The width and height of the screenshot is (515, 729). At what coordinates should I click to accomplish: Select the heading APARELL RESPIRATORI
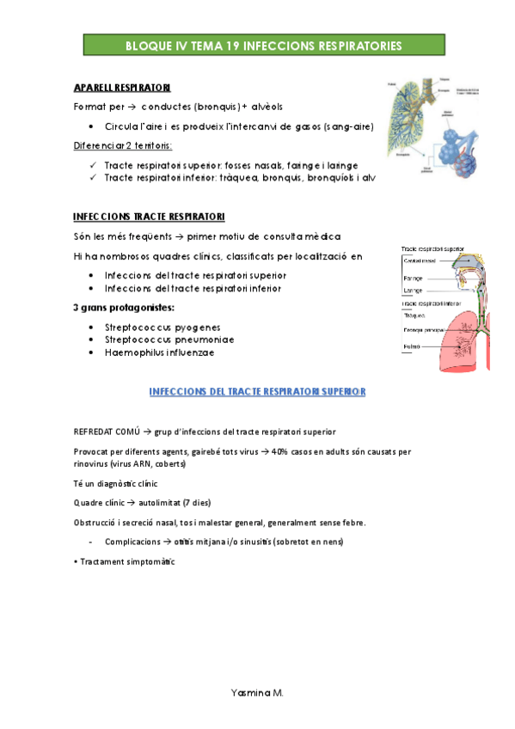click(122, 88)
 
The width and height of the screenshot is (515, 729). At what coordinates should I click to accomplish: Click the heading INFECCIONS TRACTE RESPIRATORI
click(150, 217)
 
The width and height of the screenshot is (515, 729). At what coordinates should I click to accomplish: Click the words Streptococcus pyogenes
click(162, 327)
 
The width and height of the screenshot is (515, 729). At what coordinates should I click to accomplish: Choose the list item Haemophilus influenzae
click(160, 352)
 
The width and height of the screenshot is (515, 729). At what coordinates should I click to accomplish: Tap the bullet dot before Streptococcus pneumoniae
click(92, 340)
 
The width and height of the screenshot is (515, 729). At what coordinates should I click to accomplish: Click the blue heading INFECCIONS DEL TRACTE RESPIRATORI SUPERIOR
click(258, 392)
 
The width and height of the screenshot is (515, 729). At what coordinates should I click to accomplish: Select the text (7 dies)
click(196, 503)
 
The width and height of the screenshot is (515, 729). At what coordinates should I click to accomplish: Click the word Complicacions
click(132, 542)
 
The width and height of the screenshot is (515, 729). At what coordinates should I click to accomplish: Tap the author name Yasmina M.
click(258, 690)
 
